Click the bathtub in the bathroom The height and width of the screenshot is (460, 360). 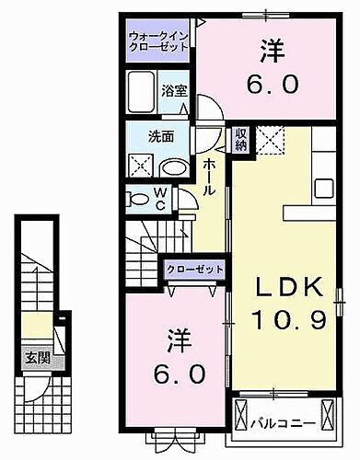pos(143,92)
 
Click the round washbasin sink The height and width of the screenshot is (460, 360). pos(171,167)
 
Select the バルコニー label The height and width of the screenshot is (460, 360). pos(285,424)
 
